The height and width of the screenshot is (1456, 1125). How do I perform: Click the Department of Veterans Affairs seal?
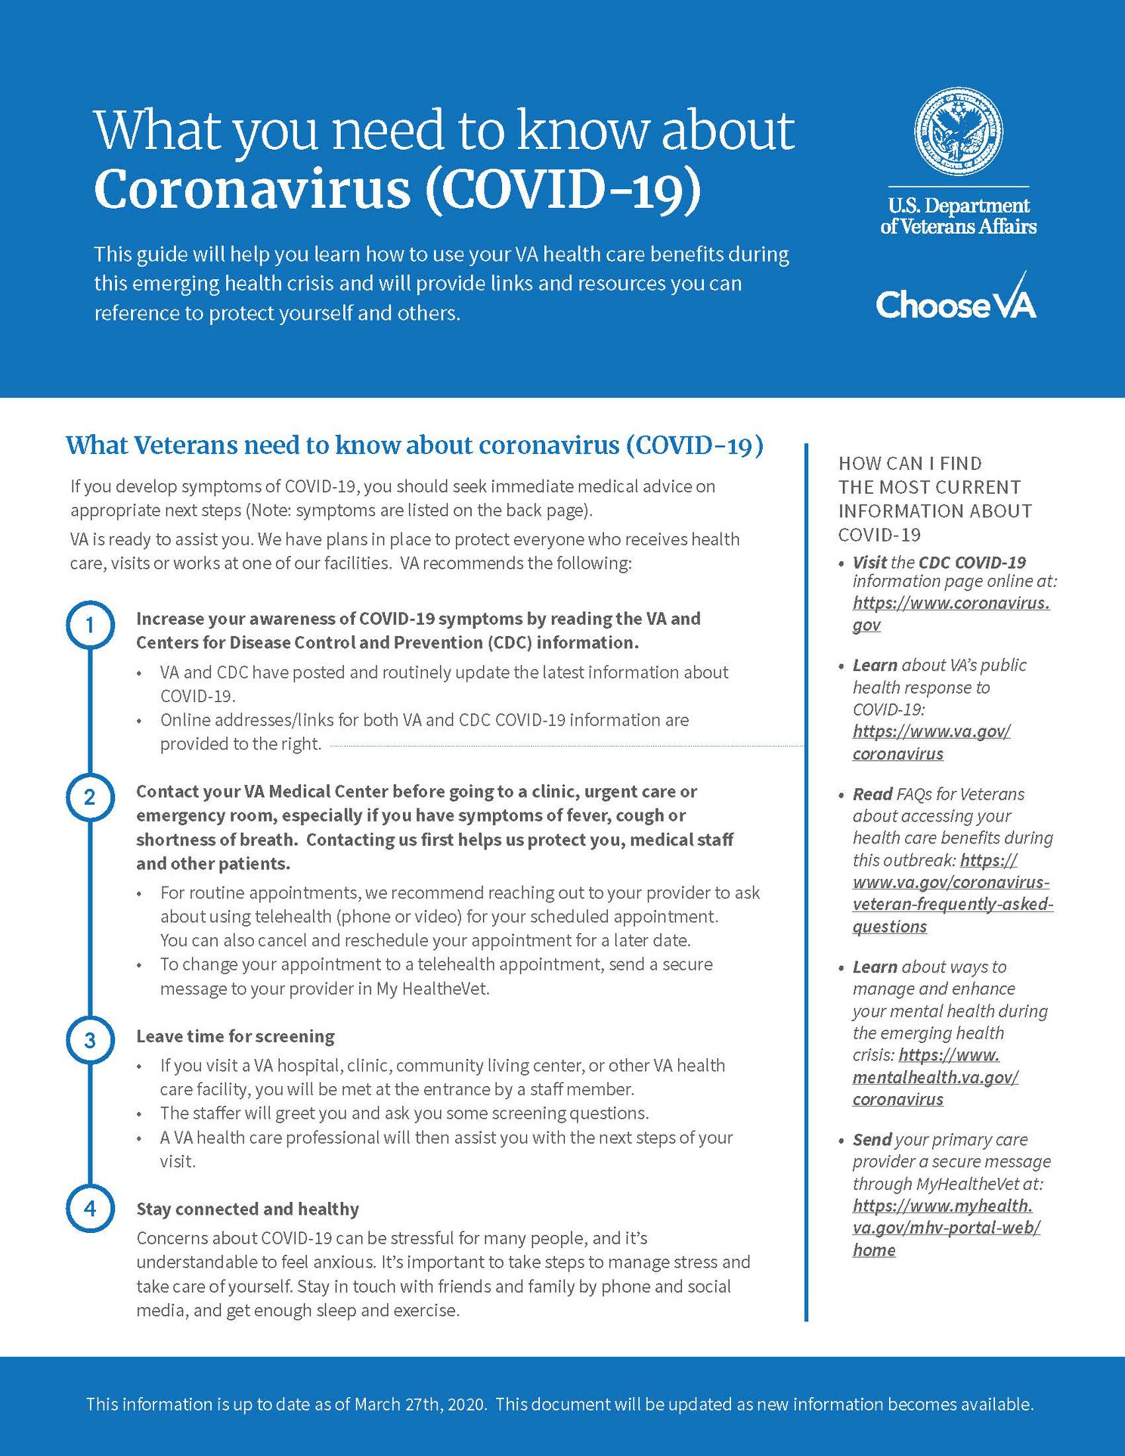pos(958,132)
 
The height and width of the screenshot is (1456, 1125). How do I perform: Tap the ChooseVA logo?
pos(956,302)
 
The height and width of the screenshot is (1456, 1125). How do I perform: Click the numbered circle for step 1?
pos(90,626)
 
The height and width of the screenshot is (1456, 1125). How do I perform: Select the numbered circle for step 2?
pos(90,798)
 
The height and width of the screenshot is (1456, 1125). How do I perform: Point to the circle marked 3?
pos(90,1041)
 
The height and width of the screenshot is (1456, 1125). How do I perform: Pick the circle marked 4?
pos(90,1209)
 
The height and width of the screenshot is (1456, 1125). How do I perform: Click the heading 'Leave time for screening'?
pos(235,1036)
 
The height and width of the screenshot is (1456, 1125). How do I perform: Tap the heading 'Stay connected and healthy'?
pos(247,1209)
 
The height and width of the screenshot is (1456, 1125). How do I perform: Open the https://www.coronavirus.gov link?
pos(950,613)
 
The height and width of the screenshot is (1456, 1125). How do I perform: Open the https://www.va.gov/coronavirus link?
pos(931,742)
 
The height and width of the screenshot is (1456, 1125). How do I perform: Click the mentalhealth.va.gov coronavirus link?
pos(935,1076)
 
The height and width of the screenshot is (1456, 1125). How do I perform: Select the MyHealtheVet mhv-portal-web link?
pos(945,1227)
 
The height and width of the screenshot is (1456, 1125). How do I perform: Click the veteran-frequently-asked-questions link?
pos(952,904)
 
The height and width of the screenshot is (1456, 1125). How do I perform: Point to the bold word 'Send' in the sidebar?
pos(872,1139)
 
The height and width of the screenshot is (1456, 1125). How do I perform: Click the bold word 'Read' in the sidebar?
pos(872,794)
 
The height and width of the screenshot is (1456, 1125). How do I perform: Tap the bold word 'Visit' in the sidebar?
pos(869,562)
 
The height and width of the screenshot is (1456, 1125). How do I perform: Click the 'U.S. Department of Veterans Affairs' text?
pos(958,216)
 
